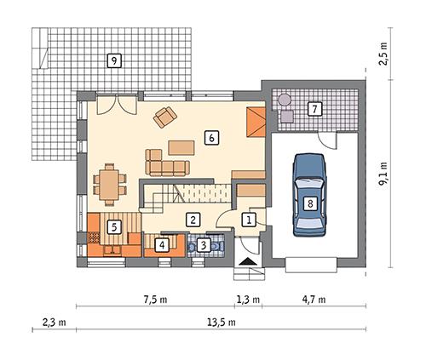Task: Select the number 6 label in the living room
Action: click(210, 135)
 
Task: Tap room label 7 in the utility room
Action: click(314, 109)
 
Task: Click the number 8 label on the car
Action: click(310, 203)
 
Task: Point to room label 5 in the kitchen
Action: click(112, 226)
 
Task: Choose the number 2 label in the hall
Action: click(193, 220)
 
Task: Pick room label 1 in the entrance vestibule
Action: click(249, 220)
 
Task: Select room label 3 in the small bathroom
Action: click(203, 245)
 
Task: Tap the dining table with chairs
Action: click(108, 182)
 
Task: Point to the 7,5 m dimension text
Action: click(155, 300)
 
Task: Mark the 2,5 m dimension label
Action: click(385, 56)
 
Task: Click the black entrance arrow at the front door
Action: click(247, 262)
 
